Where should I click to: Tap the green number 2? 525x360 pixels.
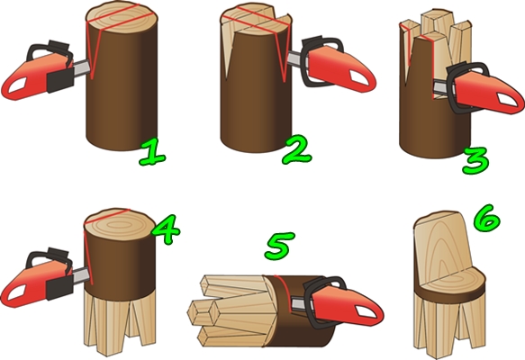click(x=297, y=150)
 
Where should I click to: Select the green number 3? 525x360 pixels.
click(x=475, y=161)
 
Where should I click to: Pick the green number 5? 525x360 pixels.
click(x=280, y=247)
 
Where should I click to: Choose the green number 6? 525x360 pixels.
click(x=487, y=219)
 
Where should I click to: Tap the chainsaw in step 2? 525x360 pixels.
click(x=331, y=65)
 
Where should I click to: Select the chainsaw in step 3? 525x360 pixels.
click(x=479, y=89)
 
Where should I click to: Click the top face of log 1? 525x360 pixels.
click(x=122, y=18)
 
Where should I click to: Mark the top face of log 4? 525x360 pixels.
click(x=119, y=223)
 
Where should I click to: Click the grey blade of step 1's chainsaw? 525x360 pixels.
click(x=81, y=67)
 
